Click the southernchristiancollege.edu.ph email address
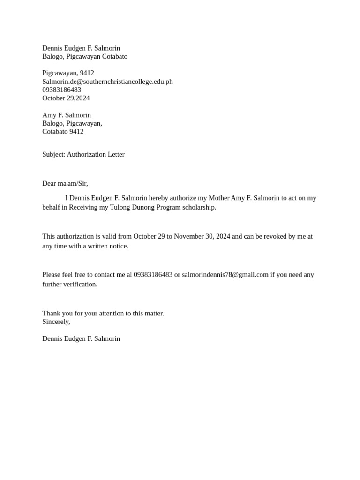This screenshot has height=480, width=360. [107, 82]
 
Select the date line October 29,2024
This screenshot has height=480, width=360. [66, 98]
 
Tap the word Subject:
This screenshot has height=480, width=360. [54, 154]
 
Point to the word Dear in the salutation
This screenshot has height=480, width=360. [50, 183]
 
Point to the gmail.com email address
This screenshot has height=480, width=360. [225, 275]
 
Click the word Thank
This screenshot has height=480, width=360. [51, 313]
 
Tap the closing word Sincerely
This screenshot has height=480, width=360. [56, 322]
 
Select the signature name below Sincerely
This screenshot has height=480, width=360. [81, 338]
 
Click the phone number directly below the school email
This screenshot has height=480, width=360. [61, 90]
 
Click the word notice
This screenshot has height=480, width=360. [118, 246]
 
